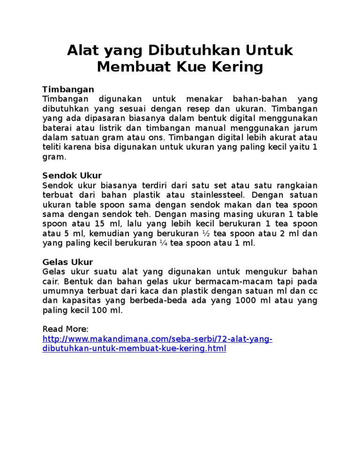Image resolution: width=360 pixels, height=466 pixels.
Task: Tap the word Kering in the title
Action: click(x=238, y=67)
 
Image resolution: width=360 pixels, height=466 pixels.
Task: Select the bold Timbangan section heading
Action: click(x=68, y=89)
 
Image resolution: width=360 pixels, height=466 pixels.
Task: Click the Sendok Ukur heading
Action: click(x=72, y=175)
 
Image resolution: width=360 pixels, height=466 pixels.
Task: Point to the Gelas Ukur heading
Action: click(x=67, y=262)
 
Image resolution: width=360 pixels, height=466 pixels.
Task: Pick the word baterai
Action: click(x=57, y=128)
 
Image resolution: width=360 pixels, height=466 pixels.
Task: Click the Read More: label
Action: click(x=65, y=329)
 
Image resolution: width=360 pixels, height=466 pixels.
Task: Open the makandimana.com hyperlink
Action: click(x=157, y=339)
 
